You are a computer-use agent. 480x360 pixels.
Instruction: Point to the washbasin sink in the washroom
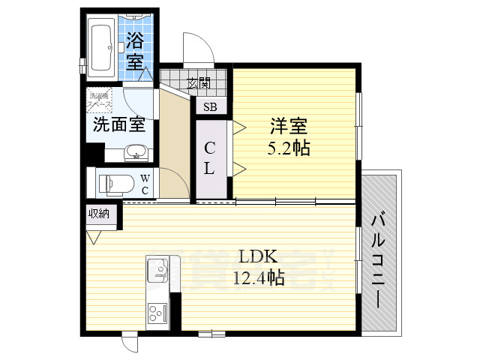click(136, 152)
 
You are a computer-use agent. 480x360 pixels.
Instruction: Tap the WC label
click(145, 184)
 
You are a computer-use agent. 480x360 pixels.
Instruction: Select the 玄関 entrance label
click(198, 82)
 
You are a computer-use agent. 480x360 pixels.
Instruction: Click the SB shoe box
click(211, 106)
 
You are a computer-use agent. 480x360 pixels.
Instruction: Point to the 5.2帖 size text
click(289, 148)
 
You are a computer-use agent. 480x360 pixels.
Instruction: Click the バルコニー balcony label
click(379, 259)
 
